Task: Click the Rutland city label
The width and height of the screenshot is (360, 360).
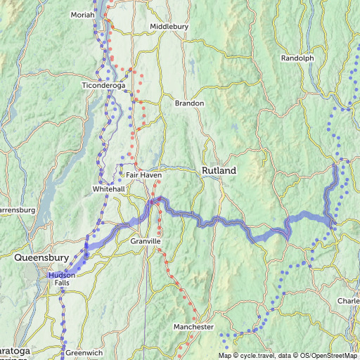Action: pyautogui.click(x=219, y=171)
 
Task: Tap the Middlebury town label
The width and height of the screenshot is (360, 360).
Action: pyautogui.click(x=169, y=27)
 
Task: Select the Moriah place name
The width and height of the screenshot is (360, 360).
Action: pyautogui.click(x=83, y=15)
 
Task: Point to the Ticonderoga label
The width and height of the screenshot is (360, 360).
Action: pyautogui.click(x=103, y=86)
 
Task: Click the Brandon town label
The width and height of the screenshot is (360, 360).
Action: pyautogui.click(x=189, y=103)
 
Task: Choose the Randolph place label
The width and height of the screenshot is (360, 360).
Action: pyautogui.click(x=297, y=58)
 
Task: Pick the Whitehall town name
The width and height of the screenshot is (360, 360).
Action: pyautogui.click(x=109, y=189)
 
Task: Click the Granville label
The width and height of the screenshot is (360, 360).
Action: pyautogui.click(x=146, y=241)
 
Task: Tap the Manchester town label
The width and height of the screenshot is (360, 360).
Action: pyautogui.click(x=193, y=328)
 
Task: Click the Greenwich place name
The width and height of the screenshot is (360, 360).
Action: pyautogui.click(x=84, y=352)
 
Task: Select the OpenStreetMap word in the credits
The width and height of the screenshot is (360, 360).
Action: pyautogui.click(x=335, y=355)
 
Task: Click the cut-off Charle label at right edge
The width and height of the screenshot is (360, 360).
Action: pyautogui.click(x=348, y=301)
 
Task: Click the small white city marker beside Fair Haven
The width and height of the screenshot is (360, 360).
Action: pyautogui.click(x=122, y=174)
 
